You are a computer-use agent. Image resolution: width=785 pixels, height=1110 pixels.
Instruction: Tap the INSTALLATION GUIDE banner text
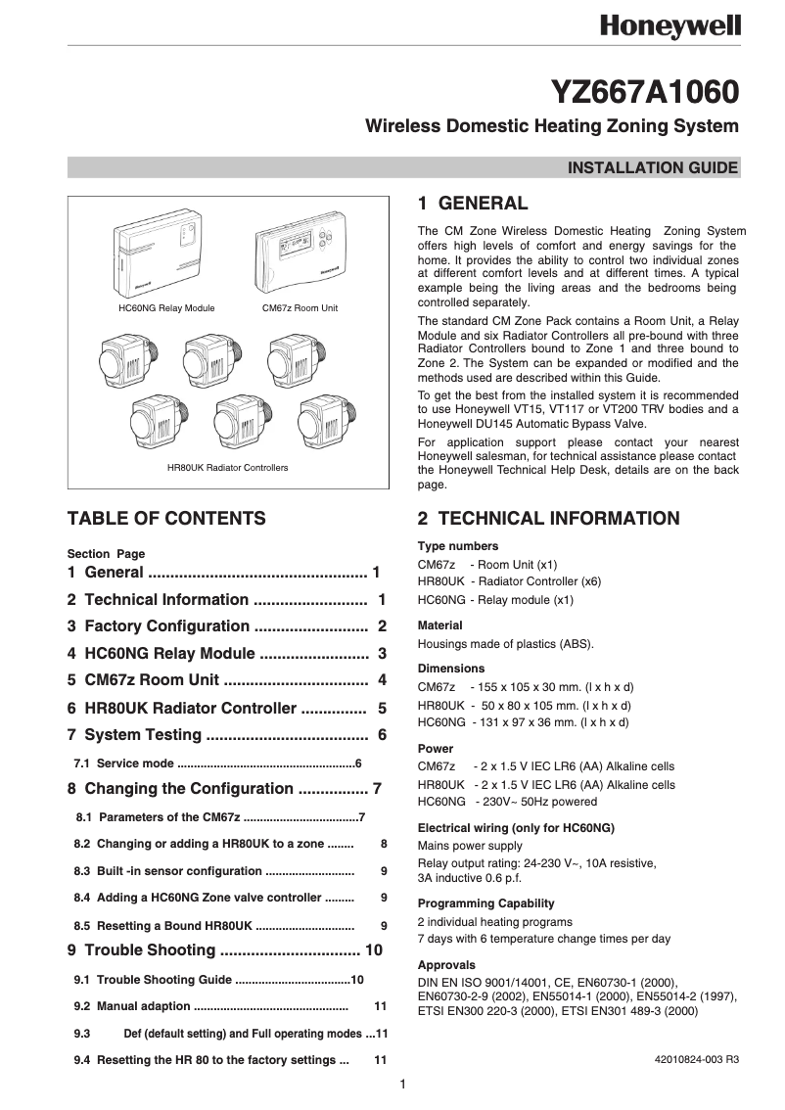[653, 167]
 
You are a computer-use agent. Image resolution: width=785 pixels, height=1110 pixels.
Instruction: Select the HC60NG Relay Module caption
[166, 307]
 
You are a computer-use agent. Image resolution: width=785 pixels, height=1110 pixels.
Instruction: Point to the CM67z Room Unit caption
[300, 307]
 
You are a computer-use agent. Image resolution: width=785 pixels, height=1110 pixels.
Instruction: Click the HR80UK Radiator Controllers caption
[228, 468]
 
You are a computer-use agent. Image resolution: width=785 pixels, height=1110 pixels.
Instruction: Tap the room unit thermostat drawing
[300, 254]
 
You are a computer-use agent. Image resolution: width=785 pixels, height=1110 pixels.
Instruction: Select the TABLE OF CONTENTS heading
[166, 519]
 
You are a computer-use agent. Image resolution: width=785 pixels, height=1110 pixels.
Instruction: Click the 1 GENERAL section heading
[473, 204]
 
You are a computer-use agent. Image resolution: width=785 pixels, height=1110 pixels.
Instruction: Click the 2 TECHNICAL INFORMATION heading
[548, 519]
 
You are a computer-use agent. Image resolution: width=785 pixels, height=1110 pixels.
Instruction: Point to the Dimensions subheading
[451, 669]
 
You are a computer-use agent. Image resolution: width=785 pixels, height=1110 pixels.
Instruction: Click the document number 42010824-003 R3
[697, 1059]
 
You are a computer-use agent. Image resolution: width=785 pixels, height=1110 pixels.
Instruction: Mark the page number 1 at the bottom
[402, 1083]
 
